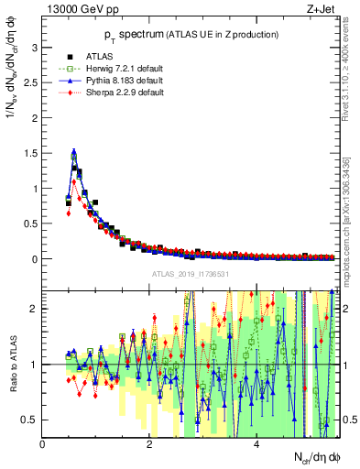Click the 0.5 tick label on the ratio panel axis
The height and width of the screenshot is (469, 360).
[x=31, y=420]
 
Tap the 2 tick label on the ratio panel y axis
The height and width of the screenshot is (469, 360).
[x=36, y=309]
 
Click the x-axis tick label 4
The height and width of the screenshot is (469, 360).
[x=256, y=445]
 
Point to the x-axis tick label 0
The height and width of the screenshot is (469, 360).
[x=43, y=445]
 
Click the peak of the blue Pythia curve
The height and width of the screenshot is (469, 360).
[x=74, y=152]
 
